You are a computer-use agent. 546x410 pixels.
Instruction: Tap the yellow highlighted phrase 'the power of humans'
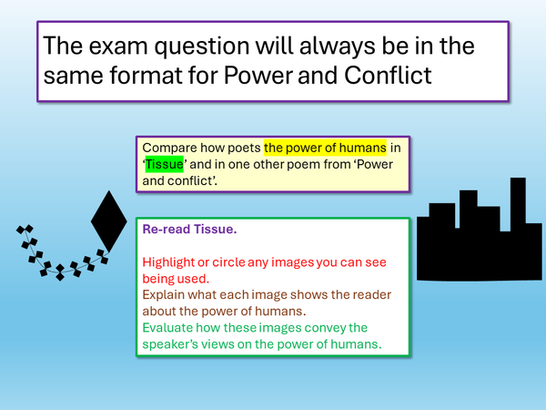[x=326, y=148]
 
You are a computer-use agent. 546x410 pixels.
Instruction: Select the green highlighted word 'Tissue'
[x=165, y=164]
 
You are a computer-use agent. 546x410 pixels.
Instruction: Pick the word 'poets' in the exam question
[x=243, y=148]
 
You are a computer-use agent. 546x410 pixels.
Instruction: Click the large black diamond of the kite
[x=109, y=222]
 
